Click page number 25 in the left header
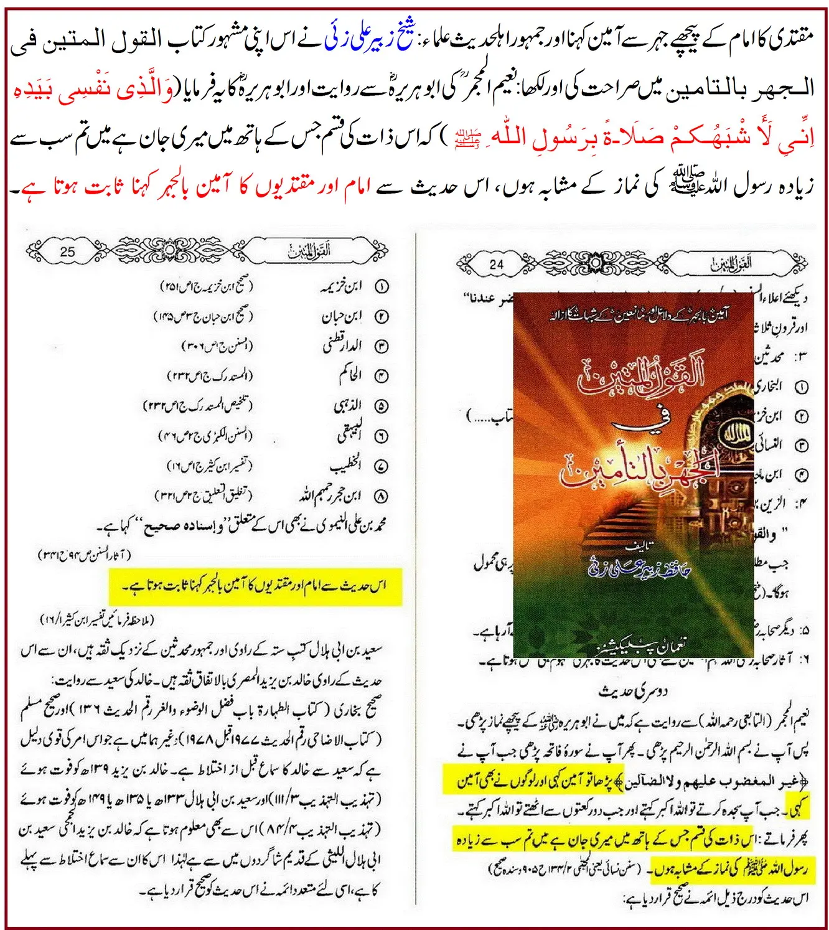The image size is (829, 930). (68, 252)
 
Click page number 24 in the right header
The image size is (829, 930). (496, 264)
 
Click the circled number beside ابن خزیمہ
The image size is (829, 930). (381, 286)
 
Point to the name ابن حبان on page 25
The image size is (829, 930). (342, 316)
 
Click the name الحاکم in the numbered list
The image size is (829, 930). (350, 375)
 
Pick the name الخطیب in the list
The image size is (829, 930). (345, 466)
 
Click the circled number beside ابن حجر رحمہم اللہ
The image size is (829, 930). (381, 496)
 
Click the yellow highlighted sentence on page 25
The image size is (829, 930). (255, 586)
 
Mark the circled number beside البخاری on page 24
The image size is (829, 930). (802, 387)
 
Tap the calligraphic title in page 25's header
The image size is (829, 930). (309, 251)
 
